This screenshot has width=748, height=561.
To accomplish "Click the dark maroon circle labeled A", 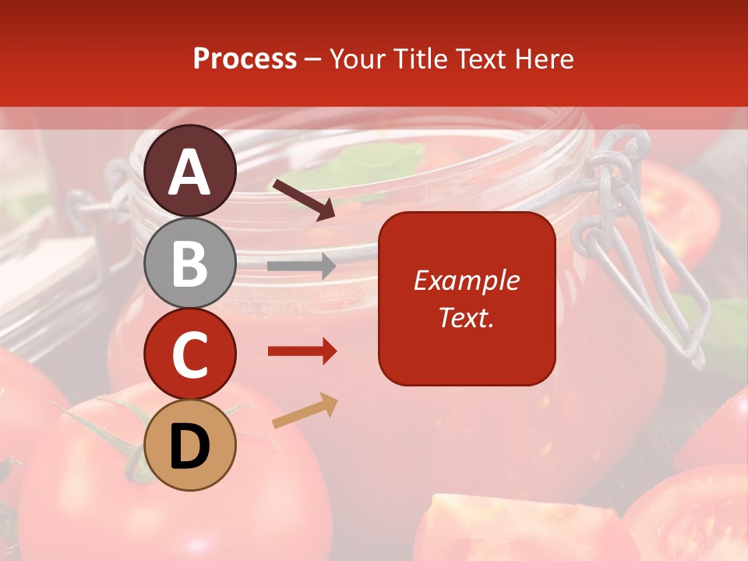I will pyautogui.click(x=190, y=171).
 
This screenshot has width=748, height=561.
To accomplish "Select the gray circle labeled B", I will pyautogui.click(x=190, y=263).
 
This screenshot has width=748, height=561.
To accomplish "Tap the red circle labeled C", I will pyautogui.click(x=190, y=355).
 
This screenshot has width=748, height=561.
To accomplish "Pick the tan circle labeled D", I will pyautogui.click(x=190, y=446).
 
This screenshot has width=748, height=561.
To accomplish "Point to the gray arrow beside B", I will pyautogui.click(x=302, y=266).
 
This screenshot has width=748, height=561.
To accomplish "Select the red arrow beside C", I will pyautogui.click(x=302, y=351).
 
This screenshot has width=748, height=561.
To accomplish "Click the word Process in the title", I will pyautogui.click(x=245, y=58).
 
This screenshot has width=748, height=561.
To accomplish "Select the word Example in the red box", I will pyautogui.click(x=467, y=280).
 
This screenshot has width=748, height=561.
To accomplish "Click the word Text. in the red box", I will pyautogui.click(x=467, y=317).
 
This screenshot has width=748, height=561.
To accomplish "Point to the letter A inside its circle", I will pyautogui.click(x=190, y=172).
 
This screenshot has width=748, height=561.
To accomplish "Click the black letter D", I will pyautogui.click(x=190, y=446).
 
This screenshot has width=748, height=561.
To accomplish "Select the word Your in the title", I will pyautogui.click(x=358, y=58).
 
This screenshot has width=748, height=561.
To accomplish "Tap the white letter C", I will pyautogui.click(x=190, y=355).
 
